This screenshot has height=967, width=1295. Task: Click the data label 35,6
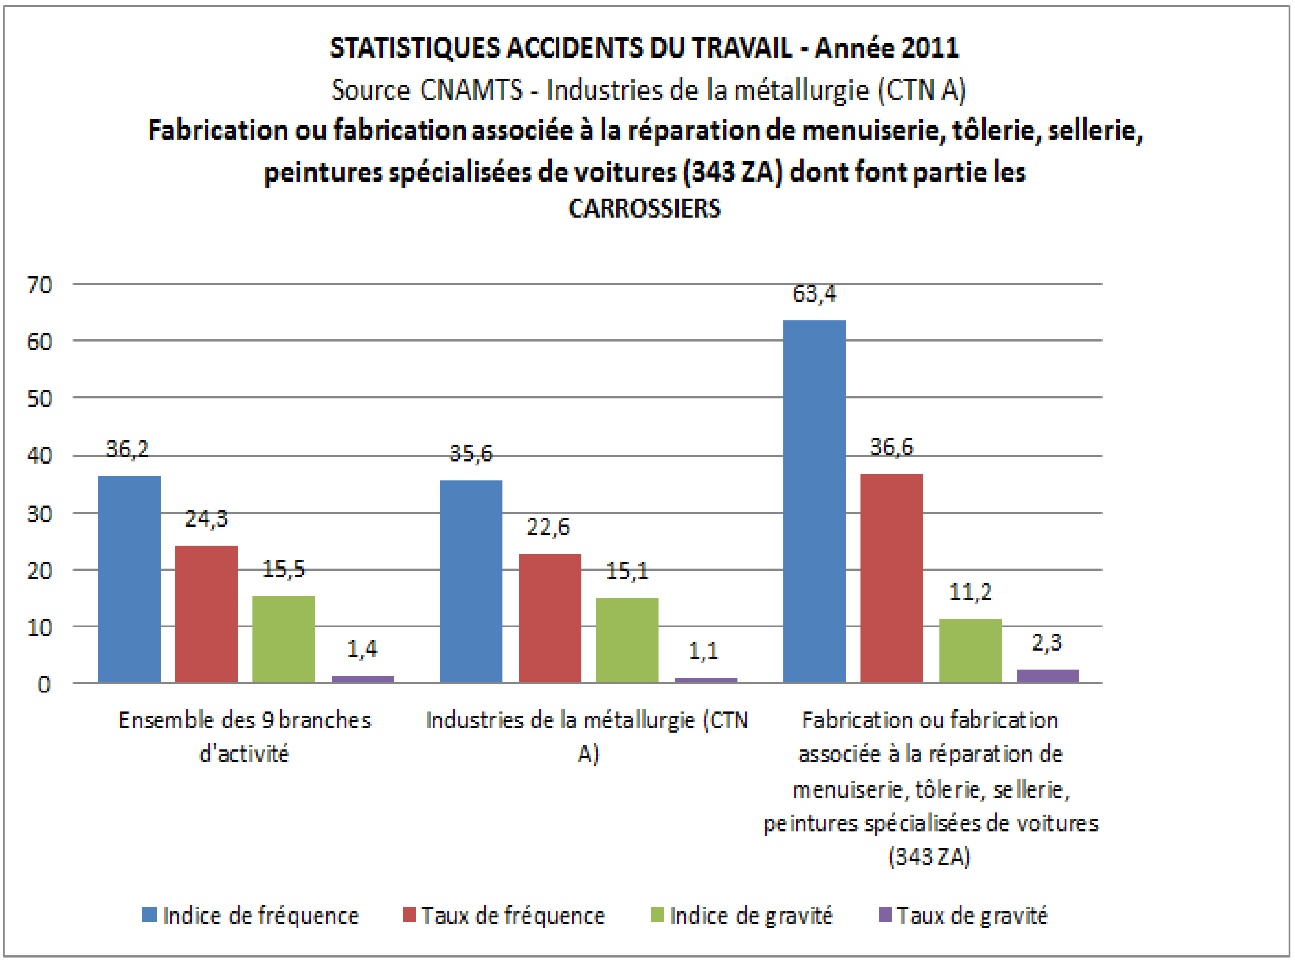coord(471,454)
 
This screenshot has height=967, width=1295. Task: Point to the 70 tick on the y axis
coord(40,285)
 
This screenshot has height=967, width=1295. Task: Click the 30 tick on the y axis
coord(40,514)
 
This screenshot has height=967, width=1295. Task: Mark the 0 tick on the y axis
coord(44,684)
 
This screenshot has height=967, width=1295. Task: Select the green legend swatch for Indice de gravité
coord(657,914)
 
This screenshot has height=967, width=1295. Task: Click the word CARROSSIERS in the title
coord(644,208)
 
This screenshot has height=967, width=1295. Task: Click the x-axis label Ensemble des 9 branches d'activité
coord(244,736)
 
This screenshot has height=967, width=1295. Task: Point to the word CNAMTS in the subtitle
coord(471,90)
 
